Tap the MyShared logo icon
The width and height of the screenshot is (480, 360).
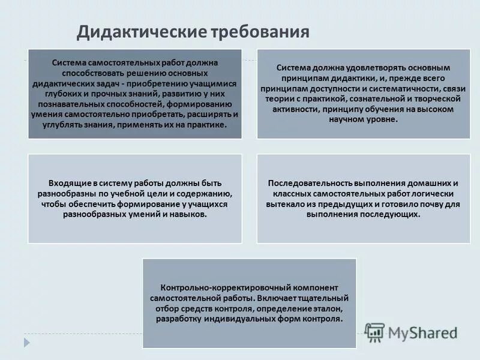pyautogui.click(x=375, y=332)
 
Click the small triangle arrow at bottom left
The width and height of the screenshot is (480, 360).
pyautogui.click(x=26, y=341)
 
